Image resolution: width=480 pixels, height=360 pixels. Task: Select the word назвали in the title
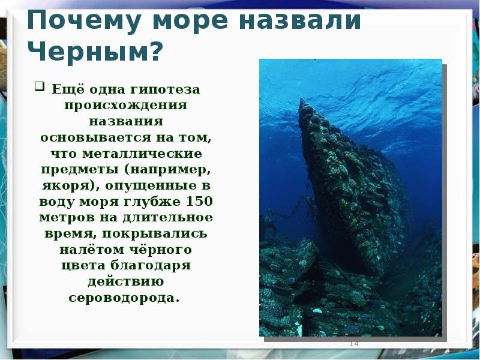299,20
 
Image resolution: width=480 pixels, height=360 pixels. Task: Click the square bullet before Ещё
39,86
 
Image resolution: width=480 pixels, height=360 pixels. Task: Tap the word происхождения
125,106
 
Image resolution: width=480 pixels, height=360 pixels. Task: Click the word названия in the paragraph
126,121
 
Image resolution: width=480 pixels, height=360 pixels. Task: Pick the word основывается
95,137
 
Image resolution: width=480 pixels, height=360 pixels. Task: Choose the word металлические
142,154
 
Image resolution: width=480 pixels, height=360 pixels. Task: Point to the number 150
199,201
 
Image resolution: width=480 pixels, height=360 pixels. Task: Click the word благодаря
150,265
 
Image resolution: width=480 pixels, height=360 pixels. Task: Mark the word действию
126,282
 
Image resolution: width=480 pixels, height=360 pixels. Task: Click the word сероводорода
124,298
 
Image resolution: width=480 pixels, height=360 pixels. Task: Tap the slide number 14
353,344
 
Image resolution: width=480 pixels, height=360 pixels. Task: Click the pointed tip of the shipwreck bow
301,99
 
